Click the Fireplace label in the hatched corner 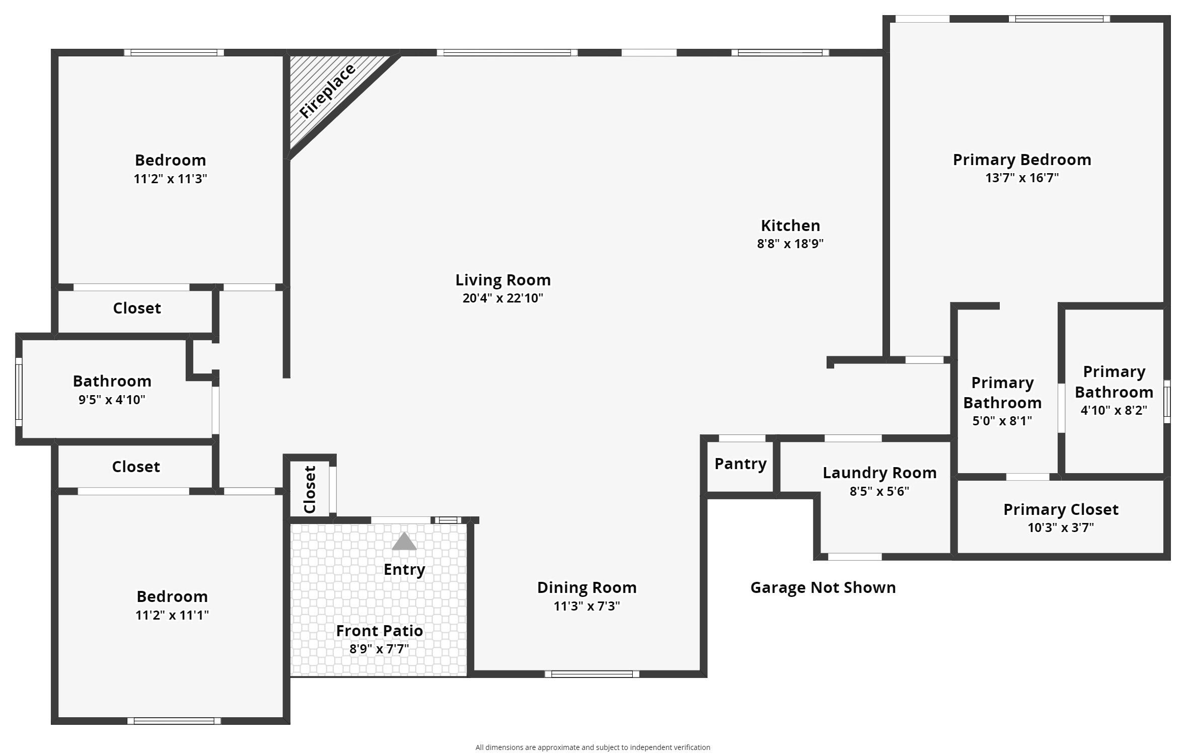327,92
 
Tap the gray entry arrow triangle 404,542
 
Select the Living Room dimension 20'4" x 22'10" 502,298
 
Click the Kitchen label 790,225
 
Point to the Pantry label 740,464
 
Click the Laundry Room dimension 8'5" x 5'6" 879,491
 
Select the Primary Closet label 1061,509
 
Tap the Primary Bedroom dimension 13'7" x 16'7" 1021,178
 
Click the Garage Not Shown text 823,587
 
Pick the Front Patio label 379,631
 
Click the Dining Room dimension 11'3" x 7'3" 586,606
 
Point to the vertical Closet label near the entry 310,489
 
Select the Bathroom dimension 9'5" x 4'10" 112,400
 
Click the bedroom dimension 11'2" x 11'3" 170,179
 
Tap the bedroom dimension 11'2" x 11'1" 172,615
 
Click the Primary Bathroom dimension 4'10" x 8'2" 1114,410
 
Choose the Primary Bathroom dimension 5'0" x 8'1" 1002,421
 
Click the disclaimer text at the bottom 592,747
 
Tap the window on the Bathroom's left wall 19,392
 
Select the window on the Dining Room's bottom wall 591,674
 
